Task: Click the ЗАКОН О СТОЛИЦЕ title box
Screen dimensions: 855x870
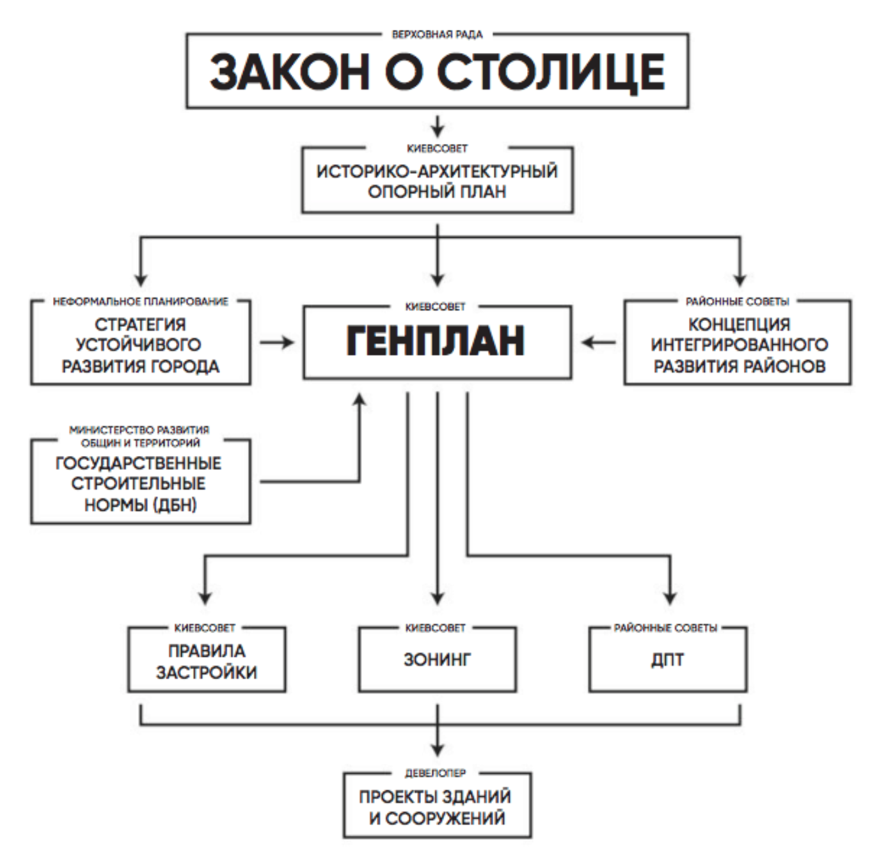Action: click(437, 72)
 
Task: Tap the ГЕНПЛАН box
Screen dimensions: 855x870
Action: click(437, 342)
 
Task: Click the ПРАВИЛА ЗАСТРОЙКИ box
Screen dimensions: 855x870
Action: click(207, 661)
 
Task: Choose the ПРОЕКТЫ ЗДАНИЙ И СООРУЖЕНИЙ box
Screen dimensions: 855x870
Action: click(437, 806)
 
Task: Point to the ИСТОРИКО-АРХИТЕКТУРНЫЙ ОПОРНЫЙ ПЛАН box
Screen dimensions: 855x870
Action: click(437, 181)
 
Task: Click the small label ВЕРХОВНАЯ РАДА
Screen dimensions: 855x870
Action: click(437, 34)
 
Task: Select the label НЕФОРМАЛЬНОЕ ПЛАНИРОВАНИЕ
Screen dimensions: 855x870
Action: click(141, 301)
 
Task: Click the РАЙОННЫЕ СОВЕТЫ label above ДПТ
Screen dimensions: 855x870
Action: click(665, 628)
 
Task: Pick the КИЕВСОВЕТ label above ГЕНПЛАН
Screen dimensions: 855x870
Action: click(436, 307)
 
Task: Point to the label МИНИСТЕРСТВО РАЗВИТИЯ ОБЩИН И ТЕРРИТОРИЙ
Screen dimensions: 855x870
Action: click(139, 436)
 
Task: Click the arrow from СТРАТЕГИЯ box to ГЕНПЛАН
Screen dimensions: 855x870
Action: click(276, 343)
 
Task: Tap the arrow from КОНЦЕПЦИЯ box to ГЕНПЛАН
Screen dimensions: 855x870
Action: click(598, 343)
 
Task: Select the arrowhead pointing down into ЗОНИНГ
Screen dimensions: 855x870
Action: click(438, 598)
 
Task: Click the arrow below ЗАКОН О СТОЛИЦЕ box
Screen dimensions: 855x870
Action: click(438, 126)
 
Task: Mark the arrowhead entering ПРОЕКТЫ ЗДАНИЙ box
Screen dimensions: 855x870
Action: click(438, 748)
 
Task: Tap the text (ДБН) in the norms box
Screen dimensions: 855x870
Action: click(174, 505)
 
